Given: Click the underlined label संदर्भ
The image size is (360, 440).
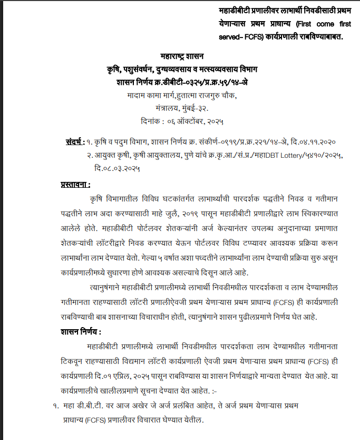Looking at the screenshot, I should pyautogui.click(x=74, y=142).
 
